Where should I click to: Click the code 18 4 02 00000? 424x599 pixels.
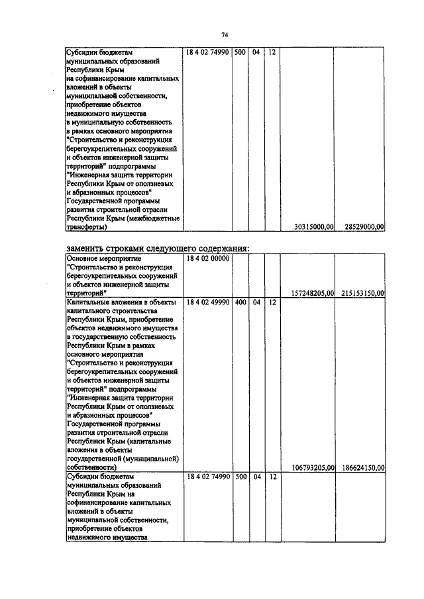207,258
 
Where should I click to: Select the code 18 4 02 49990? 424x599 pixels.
207,302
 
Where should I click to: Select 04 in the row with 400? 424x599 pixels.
256,302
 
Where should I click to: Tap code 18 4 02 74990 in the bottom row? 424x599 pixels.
207,477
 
